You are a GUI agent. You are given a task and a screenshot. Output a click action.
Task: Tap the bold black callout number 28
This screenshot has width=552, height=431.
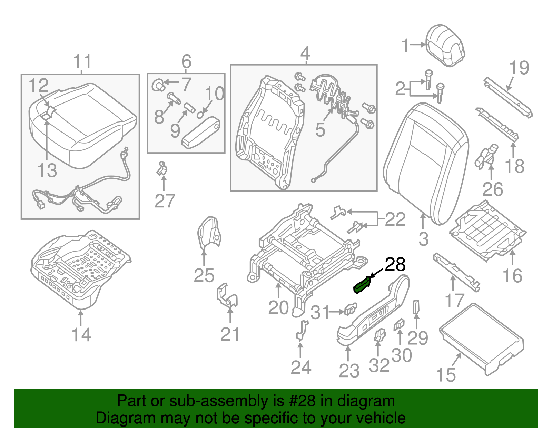[x=395, y=265]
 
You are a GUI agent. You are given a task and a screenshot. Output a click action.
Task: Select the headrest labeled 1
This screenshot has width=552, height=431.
[x=446, y=45]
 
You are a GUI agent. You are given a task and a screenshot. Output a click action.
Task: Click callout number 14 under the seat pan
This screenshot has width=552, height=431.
[x=81, y=335]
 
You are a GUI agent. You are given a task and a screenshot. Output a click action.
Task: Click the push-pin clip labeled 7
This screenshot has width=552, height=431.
[x=158, y=84]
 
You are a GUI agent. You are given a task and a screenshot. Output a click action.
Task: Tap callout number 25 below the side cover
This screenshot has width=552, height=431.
[x=204, y=276]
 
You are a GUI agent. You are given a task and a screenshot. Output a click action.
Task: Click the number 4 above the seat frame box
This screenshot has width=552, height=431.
[x=305, y=53]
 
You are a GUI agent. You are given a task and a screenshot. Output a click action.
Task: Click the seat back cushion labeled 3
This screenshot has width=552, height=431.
[x=426, y=162]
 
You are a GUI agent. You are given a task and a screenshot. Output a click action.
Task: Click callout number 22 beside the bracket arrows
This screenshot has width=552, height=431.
[x=395, y=219]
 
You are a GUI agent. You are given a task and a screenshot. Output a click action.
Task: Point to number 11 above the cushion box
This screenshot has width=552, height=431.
[x=82, y=62]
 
